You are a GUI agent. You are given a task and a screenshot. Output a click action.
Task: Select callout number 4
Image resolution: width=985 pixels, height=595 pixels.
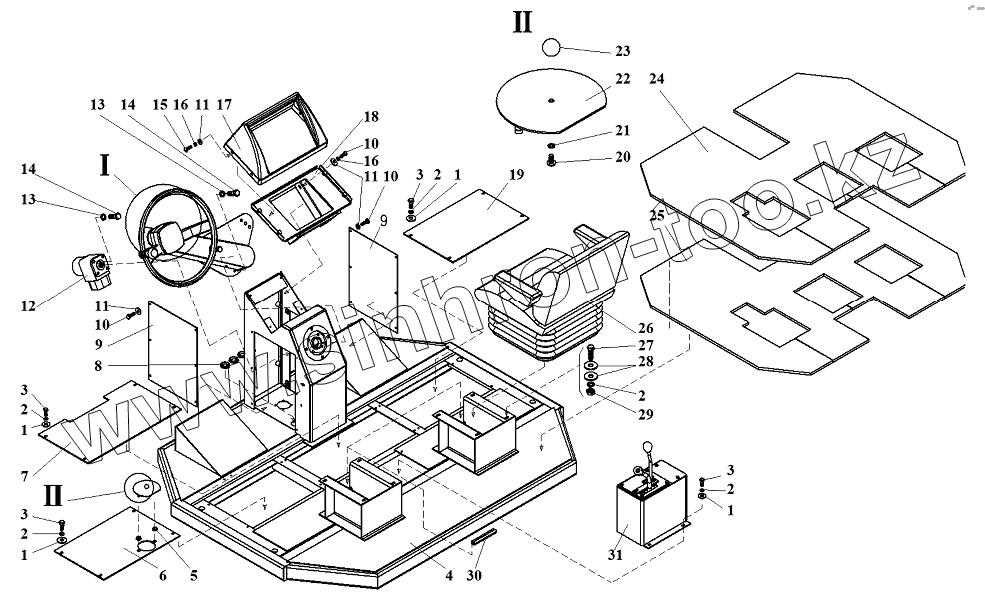coord(449,575)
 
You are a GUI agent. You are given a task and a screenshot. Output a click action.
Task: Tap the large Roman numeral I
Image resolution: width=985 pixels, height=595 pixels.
coord(105,165)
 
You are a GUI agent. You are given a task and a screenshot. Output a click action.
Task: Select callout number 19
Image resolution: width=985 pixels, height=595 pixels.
coord(515,175)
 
